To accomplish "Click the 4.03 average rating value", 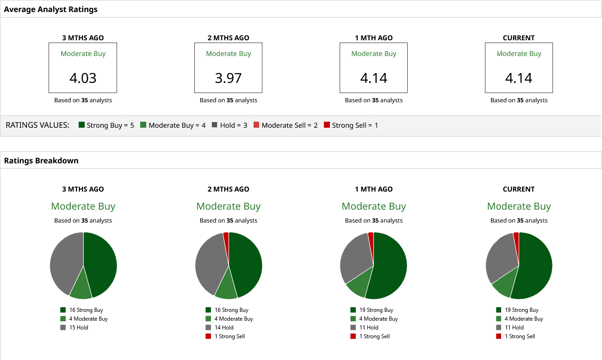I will [83, 78].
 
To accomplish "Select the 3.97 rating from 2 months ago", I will [228, 78].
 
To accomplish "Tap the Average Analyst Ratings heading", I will [51, 9].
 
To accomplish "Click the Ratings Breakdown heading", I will [41, 161].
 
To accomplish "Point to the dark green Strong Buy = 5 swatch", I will [82, 125].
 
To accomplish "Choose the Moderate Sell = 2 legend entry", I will [285, 125].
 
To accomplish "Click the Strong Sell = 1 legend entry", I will [351, 125].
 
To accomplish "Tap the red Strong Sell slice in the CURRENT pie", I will [516, 236].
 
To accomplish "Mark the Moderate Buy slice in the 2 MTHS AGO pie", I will [226, 287].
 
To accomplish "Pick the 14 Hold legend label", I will [223, 328].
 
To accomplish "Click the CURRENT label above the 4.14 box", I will [519, 38].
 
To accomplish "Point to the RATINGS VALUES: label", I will [37, 125].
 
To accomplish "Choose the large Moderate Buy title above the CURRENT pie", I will [519, 206].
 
